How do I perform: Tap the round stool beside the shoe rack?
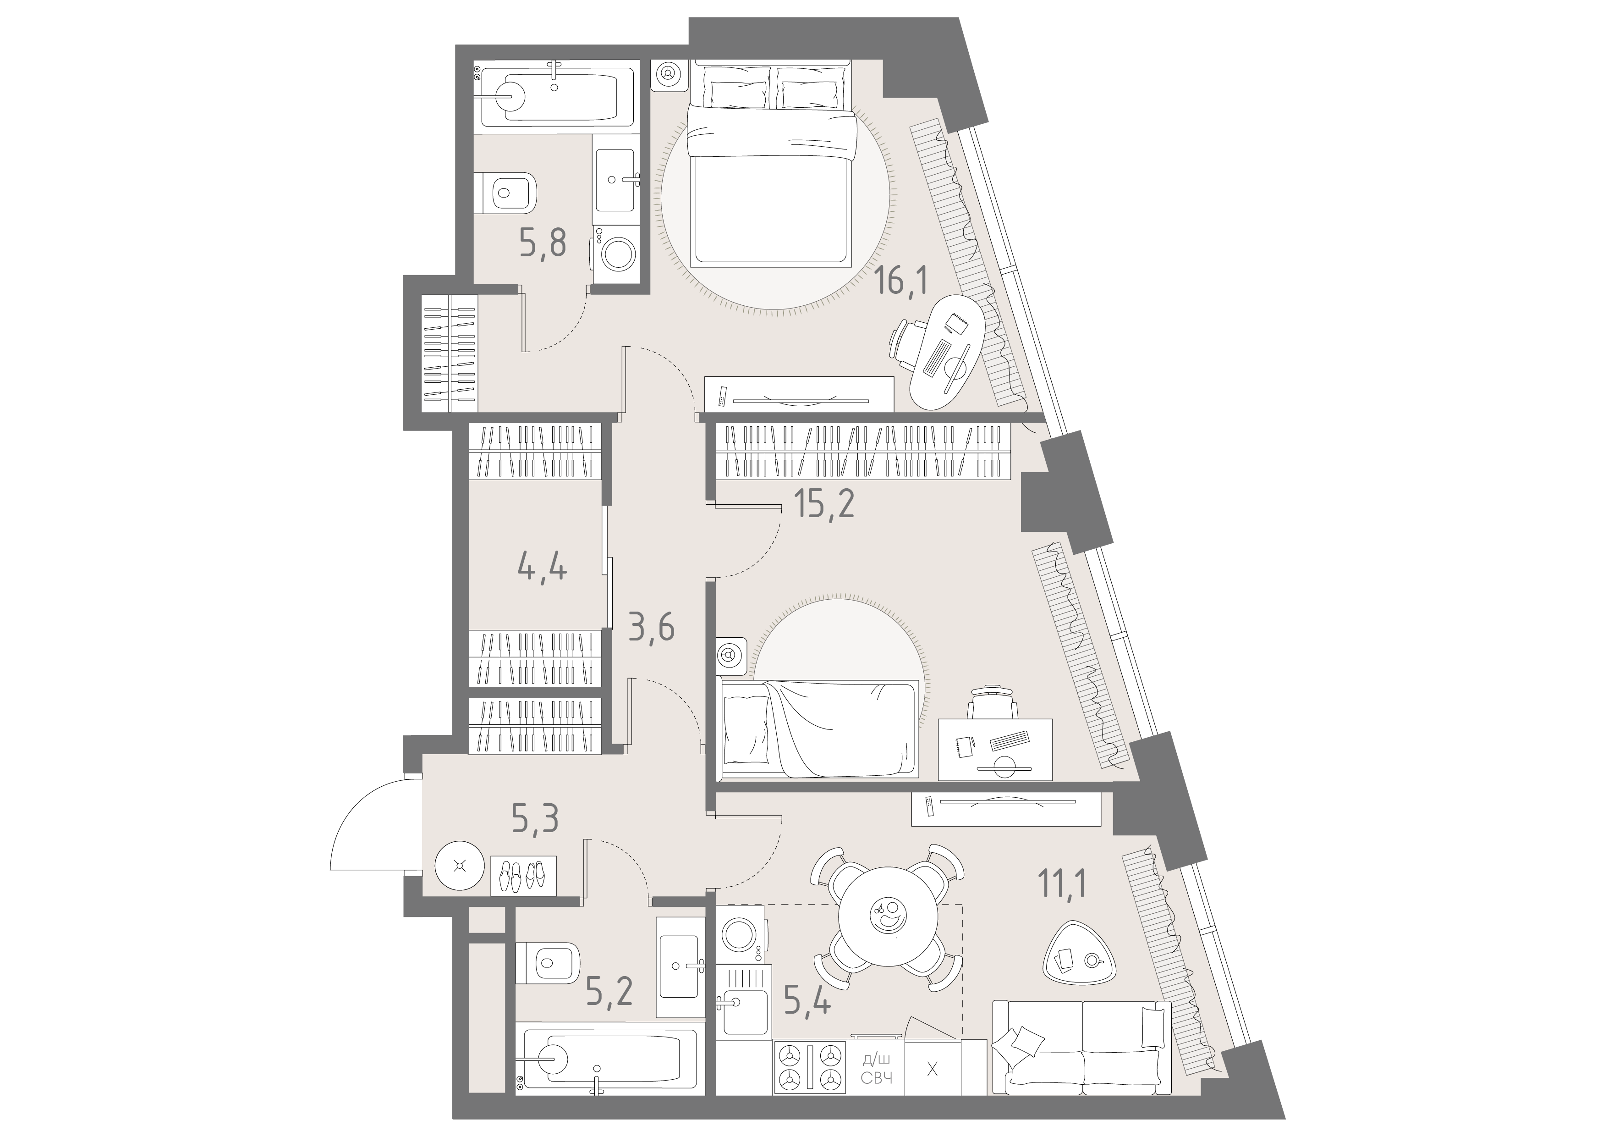460,866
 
